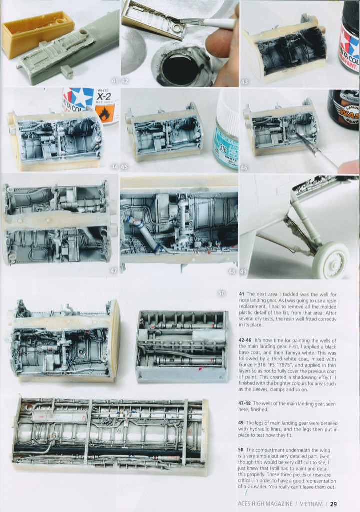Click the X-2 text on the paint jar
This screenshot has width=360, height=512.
tap(104, 96)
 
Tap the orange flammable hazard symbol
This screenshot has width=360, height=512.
tap(105, 113)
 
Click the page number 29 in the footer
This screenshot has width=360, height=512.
tap(333, 504)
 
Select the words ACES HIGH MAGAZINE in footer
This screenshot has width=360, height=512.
tap(265, 504)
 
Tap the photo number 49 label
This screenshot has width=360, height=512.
tap(243, 272)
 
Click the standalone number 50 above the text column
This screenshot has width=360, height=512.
tap(221, 294)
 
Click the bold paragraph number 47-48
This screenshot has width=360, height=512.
tap(245, 403)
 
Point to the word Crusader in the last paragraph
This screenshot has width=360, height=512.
tap(257, 487)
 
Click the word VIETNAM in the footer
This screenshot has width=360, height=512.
tap(311, 504)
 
